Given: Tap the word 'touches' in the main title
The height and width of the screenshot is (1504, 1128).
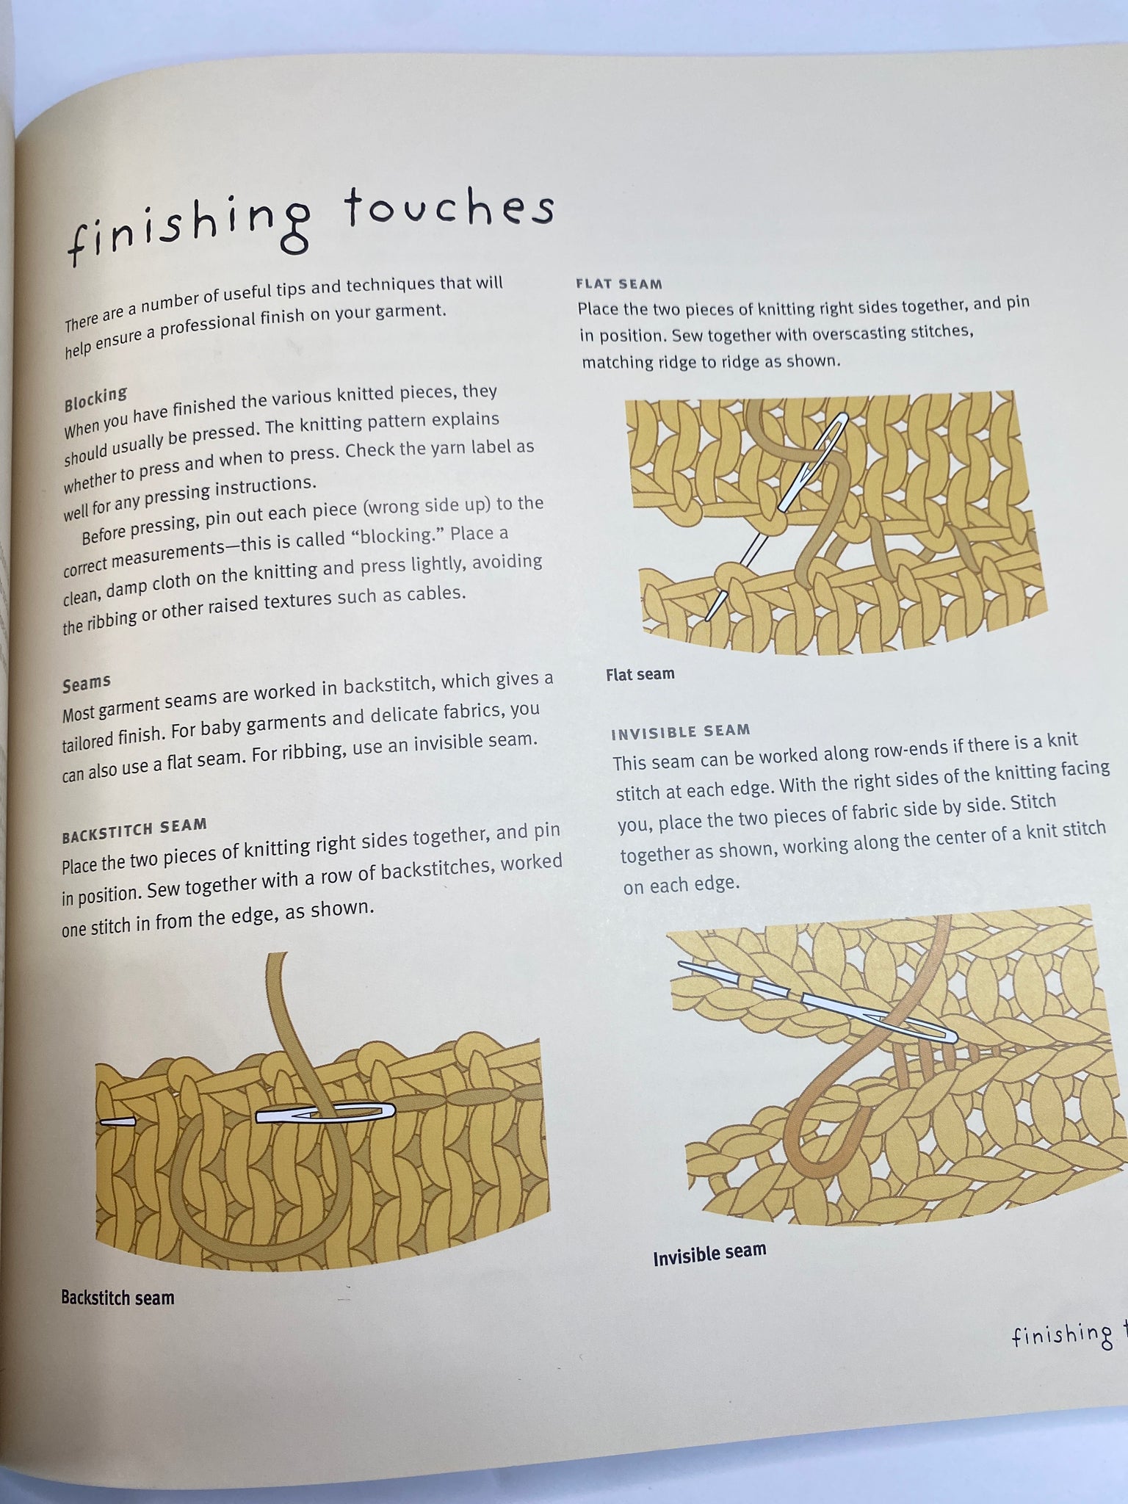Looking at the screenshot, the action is pyautogui.click(x=449, y=207).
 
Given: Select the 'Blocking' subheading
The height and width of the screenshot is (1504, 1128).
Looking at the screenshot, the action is pyautogui.click(x=95, y=399).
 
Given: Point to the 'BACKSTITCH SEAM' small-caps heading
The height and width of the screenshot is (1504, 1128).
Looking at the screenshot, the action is pyautogui.click(x=134, y=831).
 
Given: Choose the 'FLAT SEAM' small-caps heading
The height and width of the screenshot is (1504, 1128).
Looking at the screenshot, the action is pyautogui.click(x=619, y=283).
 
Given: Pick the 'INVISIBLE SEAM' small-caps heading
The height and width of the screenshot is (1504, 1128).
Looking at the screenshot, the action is pyautogui.click(x=681, y=731).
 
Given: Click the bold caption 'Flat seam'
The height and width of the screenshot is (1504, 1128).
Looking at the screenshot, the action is pyautogui.click(x=640, y=674).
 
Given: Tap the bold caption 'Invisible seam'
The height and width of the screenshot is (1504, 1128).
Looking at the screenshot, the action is pyautogui.click(x=709, y=1251).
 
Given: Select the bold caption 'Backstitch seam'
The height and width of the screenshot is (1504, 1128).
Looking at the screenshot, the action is pyautogui.click(x=117, y=1298).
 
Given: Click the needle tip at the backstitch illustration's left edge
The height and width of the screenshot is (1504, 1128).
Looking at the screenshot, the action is pyautogui.click(x=101, y=1121).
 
